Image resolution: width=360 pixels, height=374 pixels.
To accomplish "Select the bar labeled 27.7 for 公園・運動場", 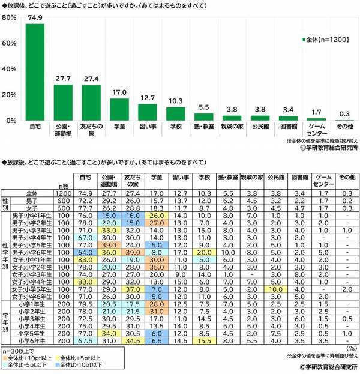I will coord(63,103).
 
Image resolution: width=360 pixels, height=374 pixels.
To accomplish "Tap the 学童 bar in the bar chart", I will coord(119,109).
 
